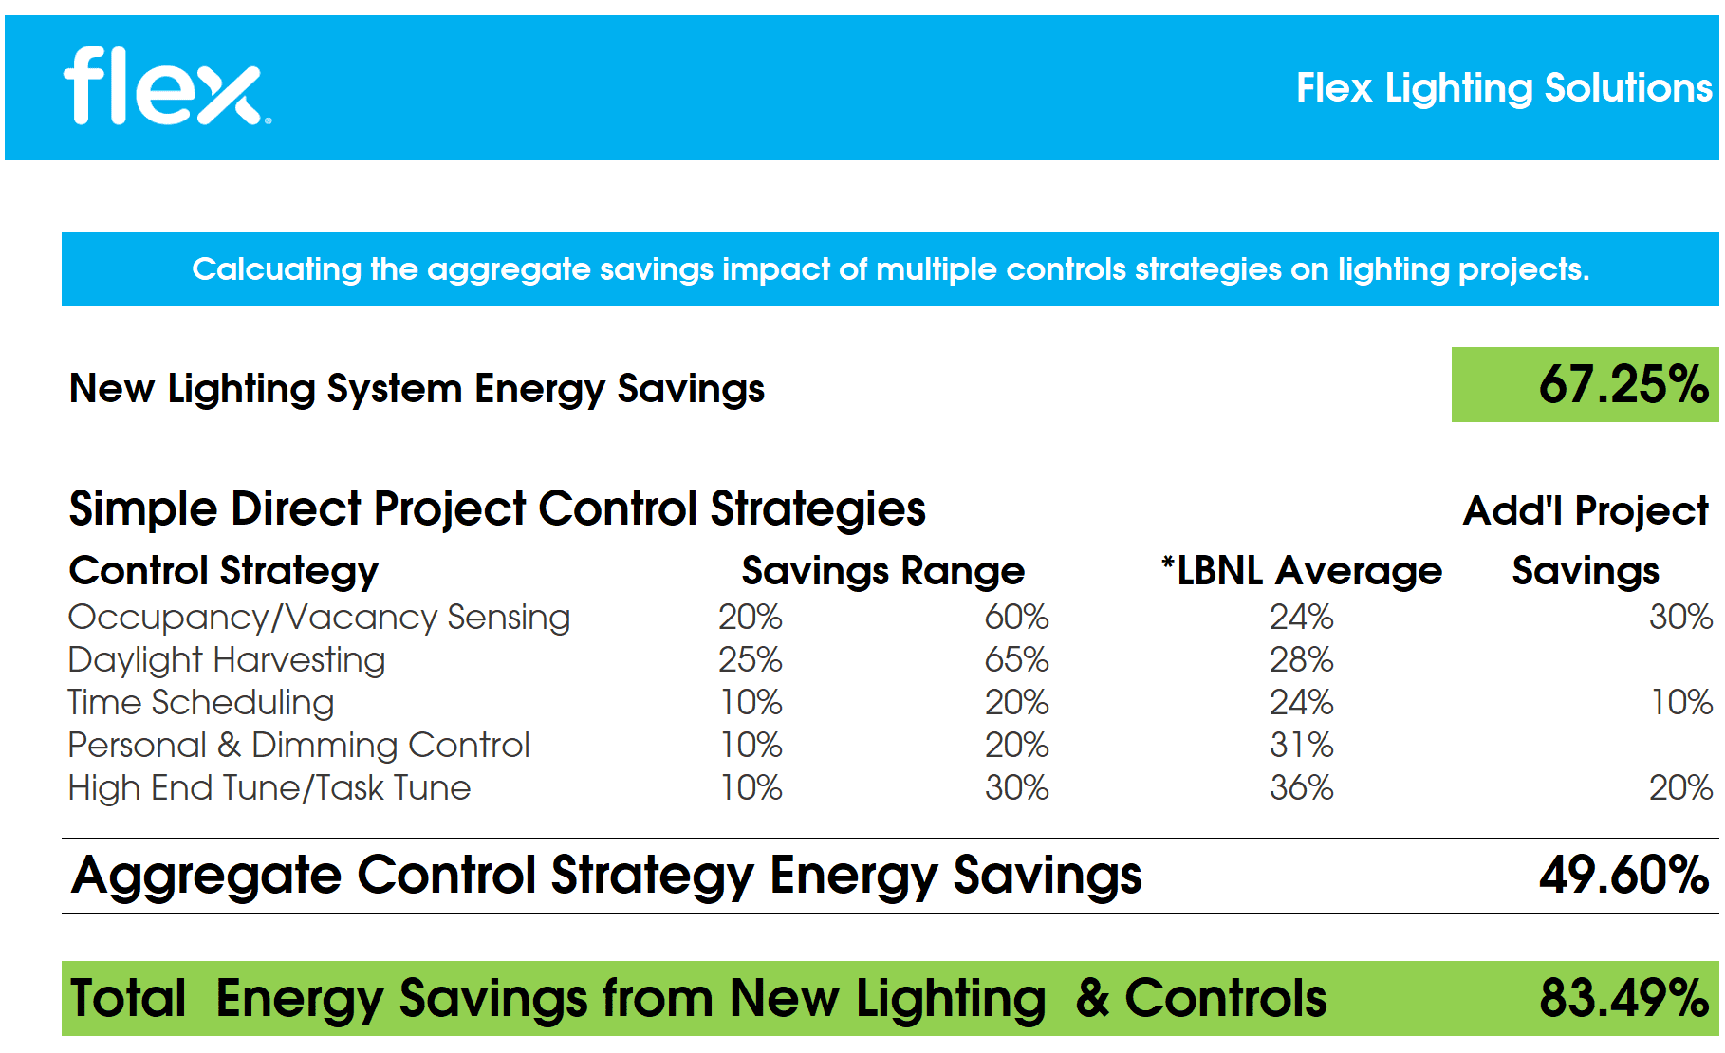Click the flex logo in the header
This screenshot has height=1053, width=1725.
pos(166,87)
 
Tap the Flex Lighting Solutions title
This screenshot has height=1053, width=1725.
pos(1504,88)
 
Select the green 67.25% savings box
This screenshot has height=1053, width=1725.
pos(1585,385)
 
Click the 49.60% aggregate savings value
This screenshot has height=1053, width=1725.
pos(1623,875)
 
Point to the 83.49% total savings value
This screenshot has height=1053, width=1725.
pos(1623,998)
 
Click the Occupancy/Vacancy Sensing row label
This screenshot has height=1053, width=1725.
pos(319,618)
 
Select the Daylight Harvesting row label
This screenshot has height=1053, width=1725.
pos(227,660)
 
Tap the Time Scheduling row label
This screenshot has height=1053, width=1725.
pos(201,703)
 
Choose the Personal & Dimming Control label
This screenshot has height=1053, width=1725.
pos(299,746)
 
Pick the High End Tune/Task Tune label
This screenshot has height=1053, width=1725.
pos(269,788)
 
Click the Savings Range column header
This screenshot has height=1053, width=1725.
pos(882,571)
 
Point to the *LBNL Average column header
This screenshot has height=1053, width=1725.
pos(1301,571)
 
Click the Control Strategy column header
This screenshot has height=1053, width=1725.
pos(224,571)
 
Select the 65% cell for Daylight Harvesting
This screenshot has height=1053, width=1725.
pos(1016,660)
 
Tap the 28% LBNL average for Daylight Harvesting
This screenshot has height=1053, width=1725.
pos(1301,660)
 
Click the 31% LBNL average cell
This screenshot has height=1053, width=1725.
pos(1301,746)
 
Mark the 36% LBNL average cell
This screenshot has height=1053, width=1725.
pos(1301,788)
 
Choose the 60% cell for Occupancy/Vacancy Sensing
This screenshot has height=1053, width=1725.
pos(1016,618)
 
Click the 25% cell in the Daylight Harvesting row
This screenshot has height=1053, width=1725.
pos(750,660)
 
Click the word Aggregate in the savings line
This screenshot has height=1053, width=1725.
pos(206,876)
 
